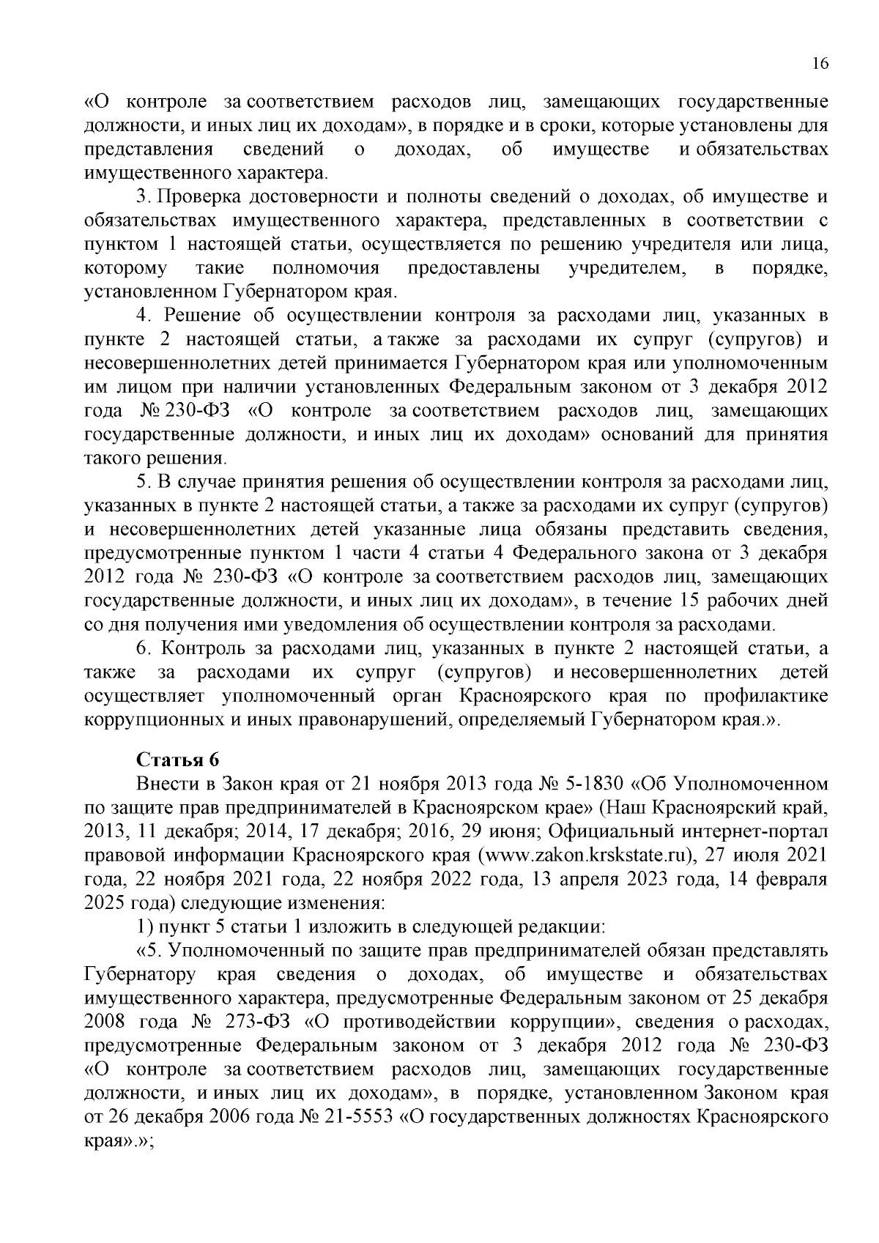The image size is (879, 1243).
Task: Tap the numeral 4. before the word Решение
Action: point(144,316)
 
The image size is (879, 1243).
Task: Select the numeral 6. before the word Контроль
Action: point(144,649)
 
